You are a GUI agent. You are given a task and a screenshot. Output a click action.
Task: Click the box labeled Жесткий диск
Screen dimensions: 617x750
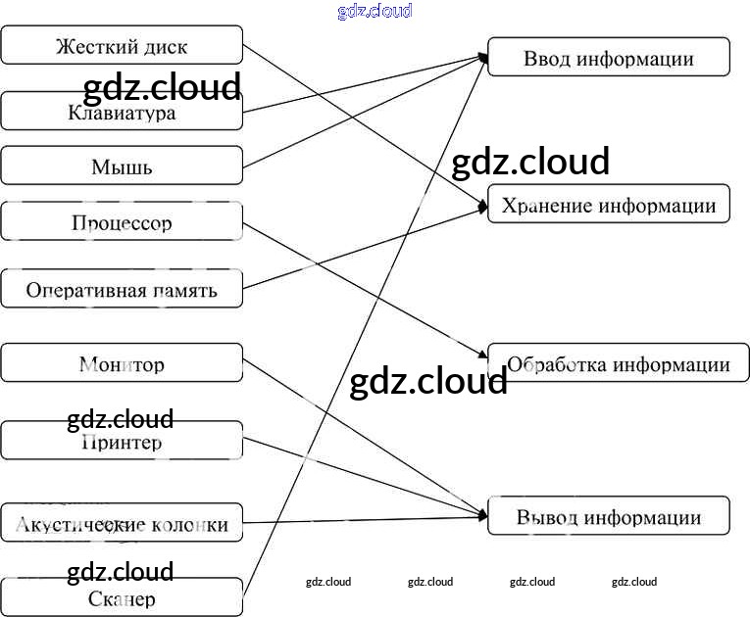click(122, 46)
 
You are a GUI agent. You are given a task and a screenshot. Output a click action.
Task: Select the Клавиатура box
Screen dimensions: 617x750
click(122, 112)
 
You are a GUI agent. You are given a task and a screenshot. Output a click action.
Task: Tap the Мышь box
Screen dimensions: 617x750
click(122, 166)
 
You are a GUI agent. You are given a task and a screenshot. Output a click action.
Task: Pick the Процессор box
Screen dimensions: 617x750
click(122, 221)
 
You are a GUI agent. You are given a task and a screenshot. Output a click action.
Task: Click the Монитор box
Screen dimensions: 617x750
click(122, 363)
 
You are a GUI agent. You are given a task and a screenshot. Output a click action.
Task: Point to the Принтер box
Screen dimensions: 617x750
click(122, 441)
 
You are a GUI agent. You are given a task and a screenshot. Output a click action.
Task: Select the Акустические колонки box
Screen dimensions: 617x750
click(122, 523)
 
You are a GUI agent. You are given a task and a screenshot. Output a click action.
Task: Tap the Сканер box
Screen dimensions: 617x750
click(122, 596)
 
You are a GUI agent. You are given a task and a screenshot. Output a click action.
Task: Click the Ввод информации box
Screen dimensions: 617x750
click(608, 57)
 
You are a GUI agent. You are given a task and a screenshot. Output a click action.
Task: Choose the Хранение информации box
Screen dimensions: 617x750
click(608, 204)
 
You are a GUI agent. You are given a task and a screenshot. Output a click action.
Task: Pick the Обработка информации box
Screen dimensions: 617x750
click(618, 363)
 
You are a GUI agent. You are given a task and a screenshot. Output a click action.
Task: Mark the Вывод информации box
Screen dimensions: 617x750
click(608, 516)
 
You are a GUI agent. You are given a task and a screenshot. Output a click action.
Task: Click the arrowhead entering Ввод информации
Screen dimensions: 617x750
click(483, 58)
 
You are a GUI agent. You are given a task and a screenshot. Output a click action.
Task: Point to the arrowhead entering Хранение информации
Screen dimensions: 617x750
click(482, 206)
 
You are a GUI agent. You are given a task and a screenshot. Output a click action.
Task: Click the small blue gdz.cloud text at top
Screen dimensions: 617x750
click(375, 11)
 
